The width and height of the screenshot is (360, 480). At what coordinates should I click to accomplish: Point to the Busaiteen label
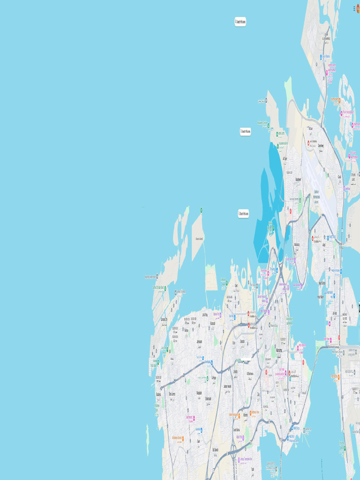pyautogui.click(x=298, y=179)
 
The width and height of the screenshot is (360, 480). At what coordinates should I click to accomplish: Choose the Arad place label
pyautogui.click(x=325, y=244)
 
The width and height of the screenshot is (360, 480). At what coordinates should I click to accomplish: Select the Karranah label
pyautogui.click(x=212, y=323)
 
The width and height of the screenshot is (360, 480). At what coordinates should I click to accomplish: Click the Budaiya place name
pyautogui.click(x=158, y=394)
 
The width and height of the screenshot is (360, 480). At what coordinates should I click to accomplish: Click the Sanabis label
pyautogui.click(x=242, y=341)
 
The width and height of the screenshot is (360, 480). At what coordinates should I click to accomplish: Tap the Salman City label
pyautogui.click(x=164, y=319)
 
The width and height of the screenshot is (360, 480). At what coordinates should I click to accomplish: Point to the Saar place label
pyautogui.click(x=198, y=441)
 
